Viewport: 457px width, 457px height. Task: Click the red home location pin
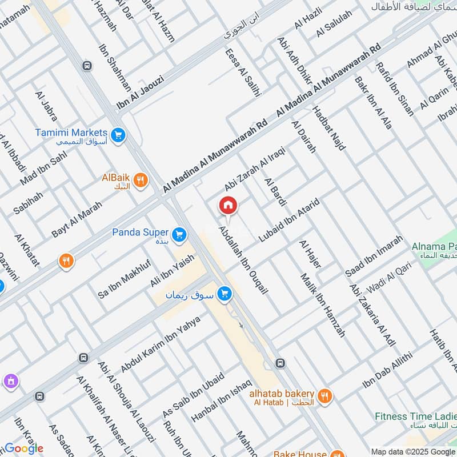click(x=228, y=206)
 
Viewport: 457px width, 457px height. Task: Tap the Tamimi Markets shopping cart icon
click(x=119, y=135)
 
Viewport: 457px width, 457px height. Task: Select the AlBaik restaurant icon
click(x=141, y=182)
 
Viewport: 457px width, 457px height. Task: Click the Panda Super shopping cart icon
click(x=179, y=234)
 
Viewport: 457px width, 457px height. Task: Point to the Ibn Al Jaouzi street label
click(x=140, y=93)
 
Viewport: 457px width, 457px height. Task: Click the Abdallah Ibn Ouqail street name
click(x=244, y=260)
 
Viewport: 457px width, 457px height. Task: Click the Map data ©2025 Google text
click(x=413, y=451)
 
